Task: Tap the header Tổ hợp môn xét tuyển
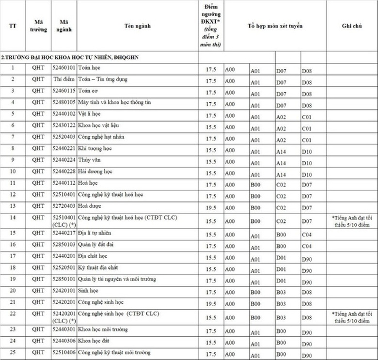coord(275,26)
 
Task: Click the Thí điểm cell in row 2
coord(64,79)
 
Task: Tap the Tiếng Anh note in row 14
coord(351,221)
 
